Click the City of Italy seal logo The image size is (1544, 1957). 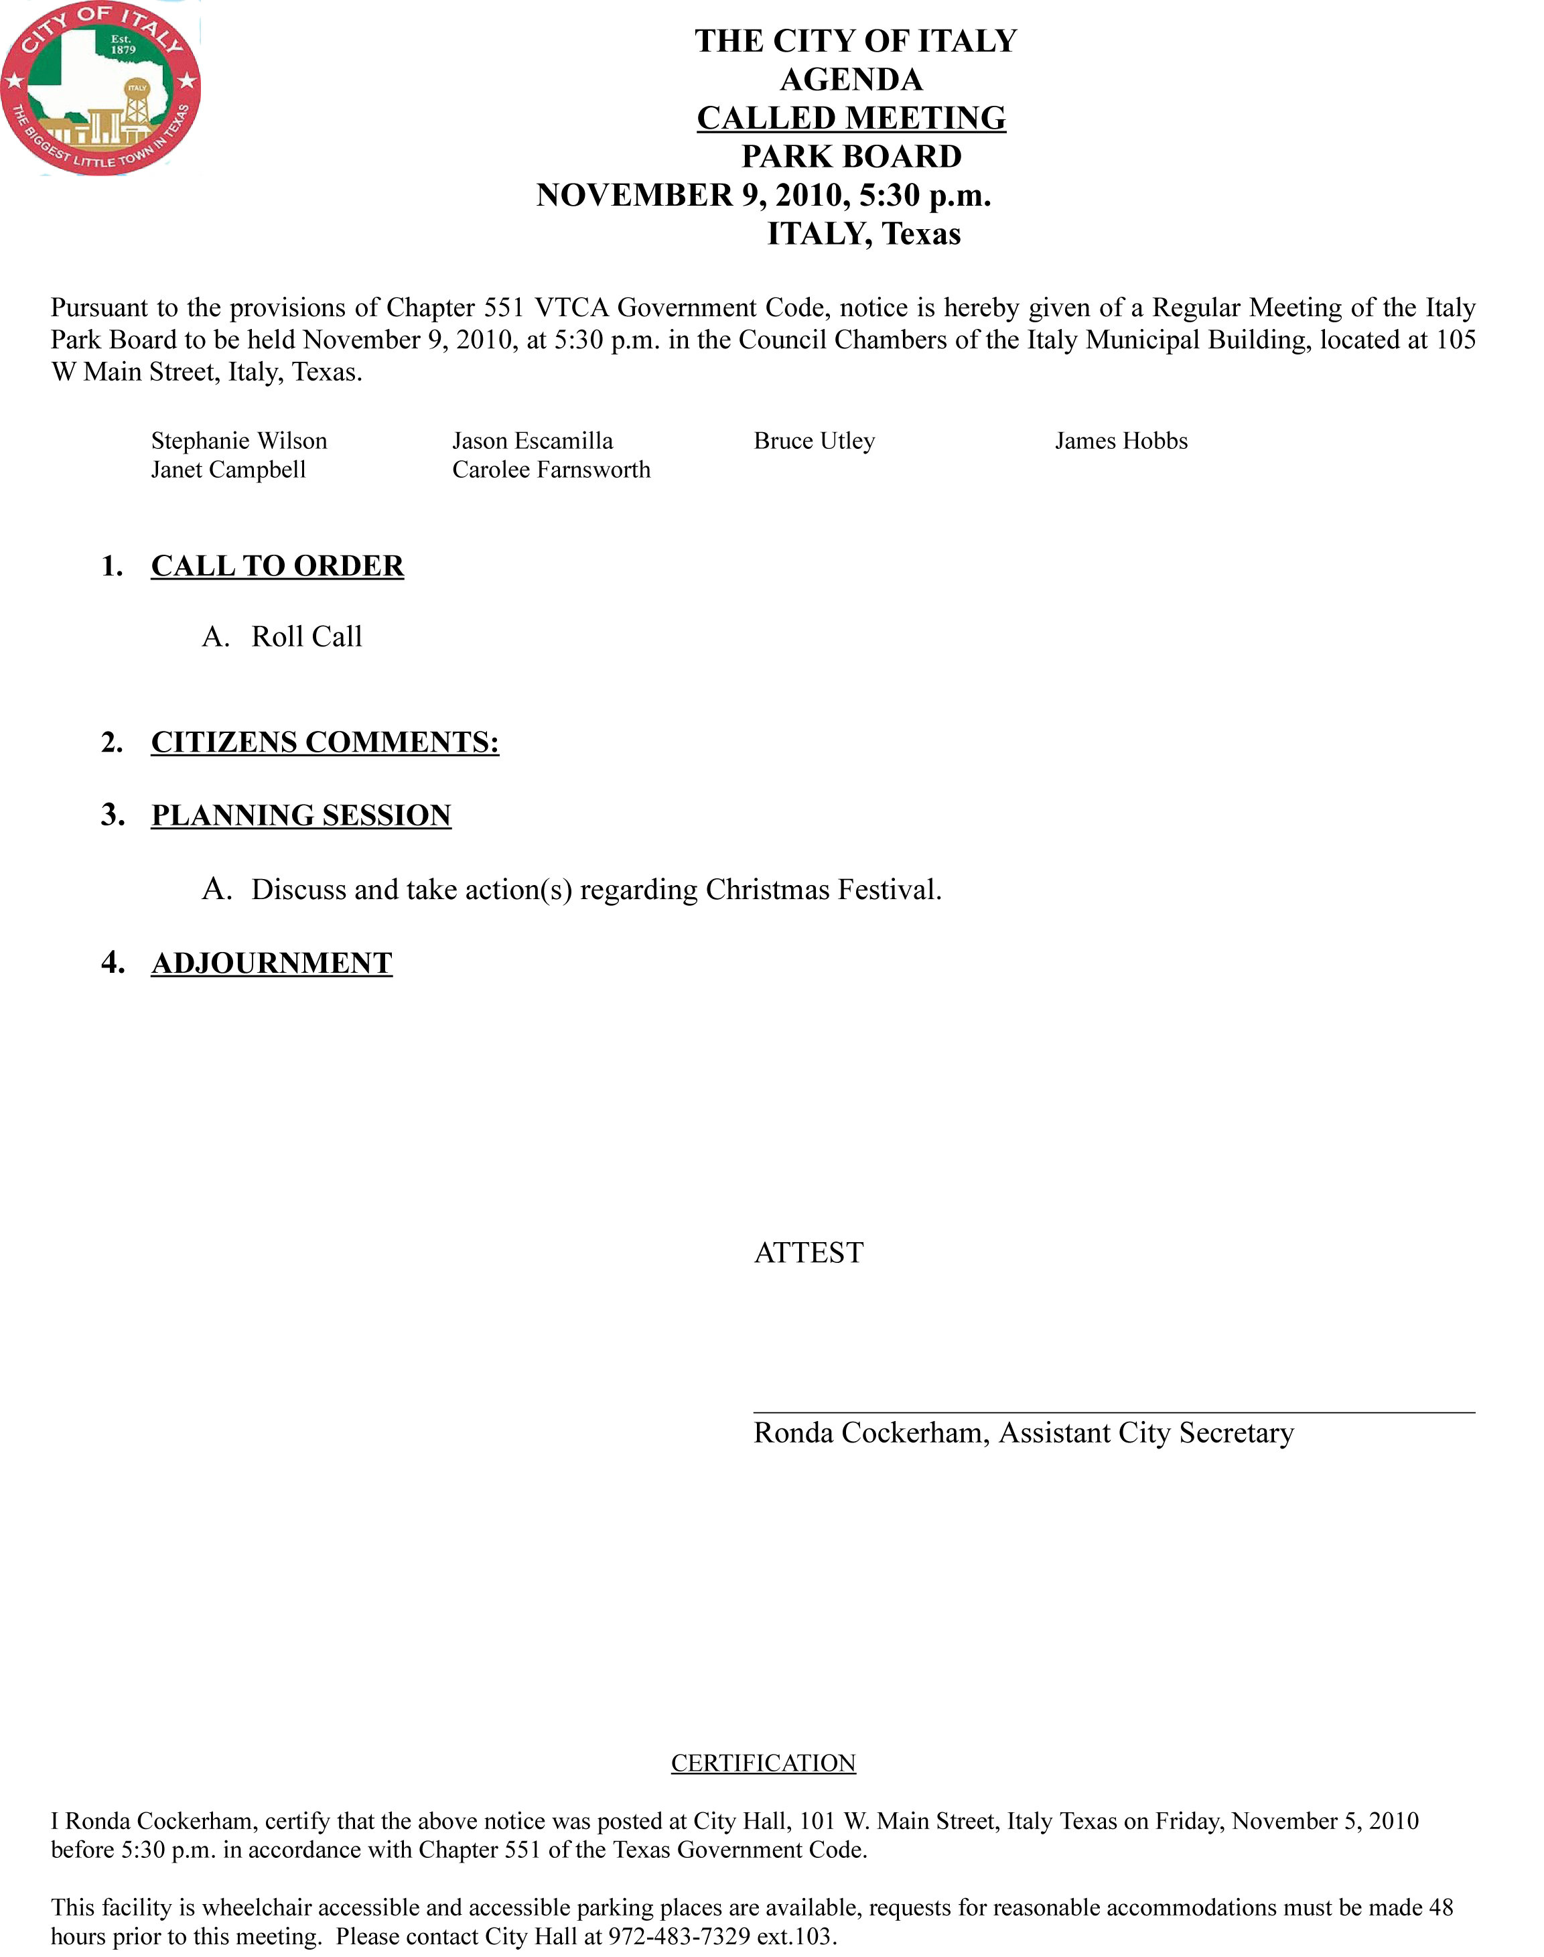click(100, 88)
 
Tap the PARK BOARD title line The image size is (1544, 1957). click(851, 156)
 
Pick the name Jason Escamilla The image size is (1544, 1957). click(533, 441)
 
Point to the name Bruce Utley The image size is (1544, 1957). click(814, 441)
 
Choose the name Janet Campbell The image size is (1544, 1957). click(228, 470)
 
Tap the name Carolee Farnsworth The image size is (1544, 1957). click(551, 470)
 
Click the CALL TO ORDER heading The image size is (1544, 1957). click(277, 566)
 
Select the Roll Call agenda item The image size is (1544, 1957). click(306, 637)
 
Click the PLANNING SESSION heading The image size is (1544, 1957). click(301, 815)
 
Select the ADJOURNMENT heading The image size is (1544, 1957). click(271, 963)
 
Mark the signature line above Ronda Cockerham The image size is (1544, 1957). click(1114, 1411)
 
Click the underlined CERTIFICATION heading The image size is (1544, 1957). click(763, 1763)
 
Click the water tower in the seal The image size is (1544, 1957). click(137, 111)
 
